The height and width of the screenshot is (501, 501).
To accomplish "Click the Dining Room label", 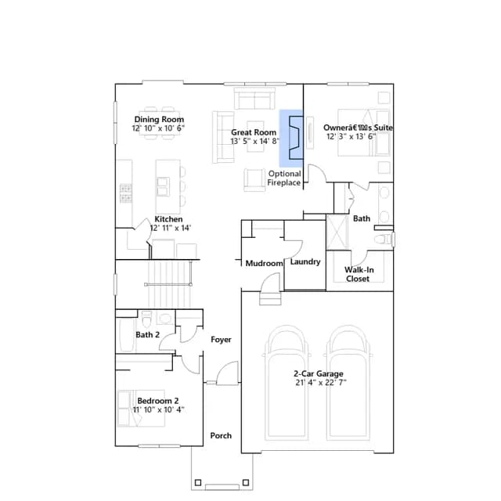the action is [x=159, y=120].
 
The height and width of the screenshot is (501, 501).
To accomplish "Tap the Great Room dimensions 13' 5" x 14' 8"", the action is [x=255, y=141].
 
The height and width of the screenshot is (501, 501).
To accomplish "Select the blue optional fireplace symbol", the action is [x=291, y=138].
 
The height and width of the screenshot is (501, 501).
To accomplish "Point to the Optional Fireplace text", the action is [x=284, y=178].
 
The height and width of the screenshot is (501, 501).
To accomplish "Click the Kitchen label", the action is [x=169, y=219].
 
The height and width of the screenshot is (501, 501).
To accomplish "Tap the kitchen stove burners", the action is [x=125, y=193].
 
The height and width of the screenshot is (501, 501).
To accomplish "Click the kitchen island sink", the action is [x=164, y=186].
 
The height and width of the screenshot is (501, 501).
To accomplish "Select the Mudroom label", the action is [x=265, y=263].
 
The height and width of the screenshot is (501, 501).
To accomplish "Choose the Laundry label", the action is [x=305, y=261].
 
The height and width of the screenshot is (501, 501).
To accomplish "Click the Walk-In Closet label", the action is [x=359, y=274].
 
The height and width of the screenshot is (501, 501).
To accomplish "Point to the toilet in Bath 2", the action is [x=146, y=319].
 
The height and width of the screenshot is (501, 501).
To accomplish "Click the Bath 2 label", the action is [x=148, y=335].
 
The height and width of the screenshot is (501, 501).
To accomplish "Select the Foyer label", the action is [x=221, y=339].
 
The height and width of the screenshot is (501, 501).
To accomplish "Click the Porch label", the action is [x=221, y=435].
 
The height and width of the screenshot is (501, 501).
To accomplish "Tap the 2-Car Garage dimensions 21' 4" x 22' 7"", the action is [x=321, y=383].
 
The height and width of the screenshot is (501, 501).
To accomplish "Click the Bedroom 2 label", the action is [x=158, y=401].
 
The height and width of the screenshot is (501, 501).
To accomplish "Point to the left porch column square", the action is [x=198, y=482].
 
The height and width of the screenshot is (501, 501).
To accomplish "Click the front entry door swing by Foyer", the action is [x=228, y=373].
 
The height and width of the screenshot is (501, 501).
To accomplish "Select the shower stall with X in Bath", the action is [x=337, y=232].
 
